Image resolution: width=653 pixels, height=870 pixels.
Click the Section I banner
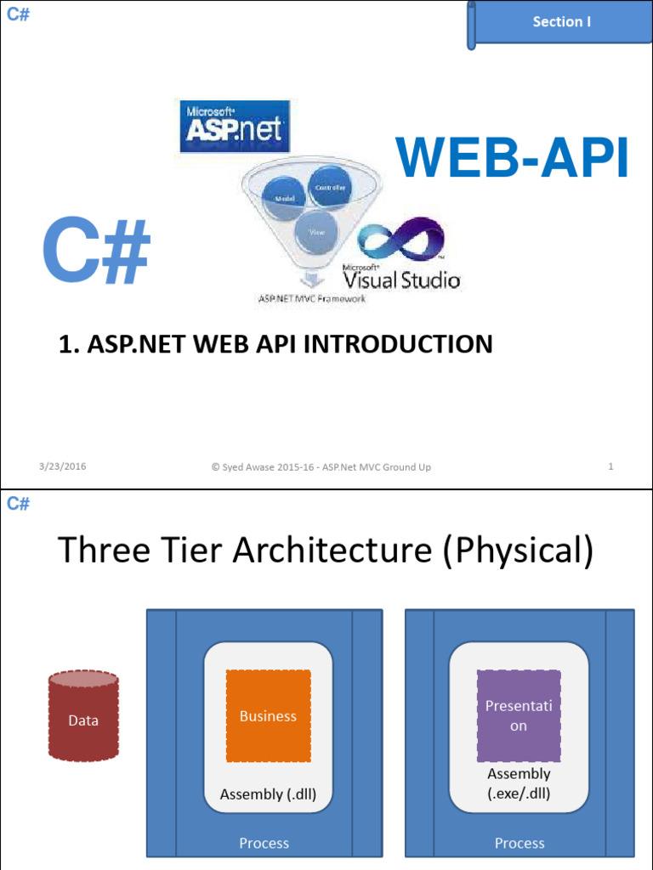click(561, 23)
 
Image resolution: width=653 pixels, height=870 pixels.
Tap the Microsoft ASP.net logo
click(232, 126)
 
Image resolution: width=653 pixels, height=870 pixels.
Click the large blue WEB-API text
click(514, 158)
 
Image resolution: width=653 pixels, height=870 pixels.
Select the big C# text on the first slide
click(97, 251)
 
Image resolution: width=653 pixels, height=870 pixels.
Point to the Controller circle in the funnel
click(330, 187)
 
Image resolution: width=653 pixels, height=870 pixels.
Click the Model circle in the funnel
click(283, 199)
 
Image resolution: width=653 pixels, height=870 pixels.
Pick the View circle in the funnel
click(316, 230)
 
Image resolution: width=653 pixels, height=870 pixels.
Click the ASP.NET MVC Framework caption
click(311, 298)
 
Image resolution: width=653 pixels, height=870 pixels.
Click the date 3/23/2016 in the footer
click(63, 466)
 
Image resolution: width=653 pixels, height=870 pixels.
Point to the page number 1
click(610, 466)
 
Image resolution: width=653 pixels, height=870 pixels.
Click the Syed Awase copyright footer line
click(321, 466)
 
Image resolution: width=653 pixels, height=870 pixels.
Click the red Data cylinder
click(83, 716)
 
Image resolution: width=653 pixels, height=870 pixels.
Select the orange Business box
click(268, 715)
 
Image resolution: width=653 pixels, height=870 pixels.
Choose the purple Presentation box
click(519, 715)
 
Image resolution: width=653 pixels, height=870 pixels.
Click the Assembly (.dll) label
click(268, 794)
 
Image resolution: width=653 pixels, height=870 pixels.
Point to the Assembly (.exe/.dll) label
click(519, 784)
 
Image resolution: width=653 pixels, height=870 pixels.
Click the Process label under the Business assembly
click(264, 843)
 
